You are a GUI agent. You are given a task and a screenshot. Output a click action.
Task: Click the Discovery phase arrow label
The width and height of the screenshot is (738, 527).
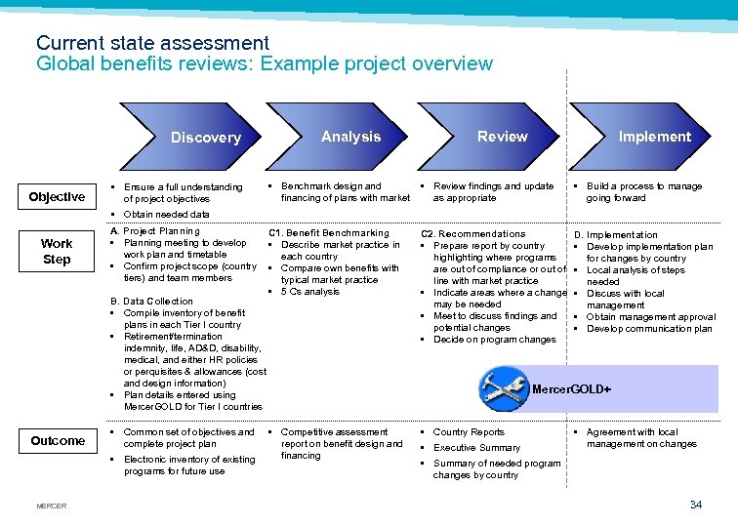pyautogui.click(x=205, y=138)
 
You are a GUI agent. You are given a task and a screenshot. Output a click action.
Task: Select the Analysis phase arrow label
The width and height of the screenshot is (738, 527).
pyautogui.click(x=350, y=137)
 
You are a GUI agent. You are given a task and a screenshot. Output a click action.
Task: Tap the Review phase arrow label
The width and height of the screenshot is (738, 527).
pyautogui.click(x=502, y=137)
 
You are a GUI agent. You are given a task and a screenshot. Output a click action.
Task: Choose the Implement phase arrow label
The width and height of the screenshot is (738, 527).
pyautogui.click(x=654, y=137)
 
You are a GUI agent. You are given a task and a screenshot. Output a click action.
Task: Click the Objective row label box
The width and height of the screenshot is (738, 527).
pyautogui.click(x=57, y=197)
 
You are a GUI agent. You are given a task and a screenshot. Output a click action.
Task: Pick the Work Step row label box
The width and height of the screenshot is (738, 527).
pyautogui.click(x=57, y=251)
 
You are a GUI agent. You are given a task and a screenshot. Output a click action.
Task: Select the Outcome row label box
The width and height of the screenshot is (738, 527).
pyautogui.click(x=58, y=440)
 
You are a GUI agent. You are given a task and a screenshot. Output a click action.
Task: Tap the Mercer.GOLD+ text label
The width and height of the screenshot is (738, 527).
pyautogui.click(x=571, y=389)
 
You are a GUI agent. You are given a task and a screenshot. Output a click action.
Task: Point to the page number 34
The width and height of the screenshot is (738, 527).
pyautogui.click(x=695, y=504)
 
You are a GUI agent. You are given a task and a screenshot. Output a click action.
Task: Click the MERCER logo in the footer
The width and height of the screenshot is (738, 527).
pyautogui.click(x=51, y=506)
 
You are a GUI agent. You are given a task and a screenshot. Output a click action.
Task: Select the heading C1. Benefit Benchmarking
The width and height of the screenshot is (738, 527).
pyautogui.click(x=328, y=233)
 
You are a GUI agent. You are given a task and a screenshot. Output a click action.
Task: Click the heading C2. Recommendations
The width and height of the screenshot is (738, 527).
pyautogui.click(x=472, y=234)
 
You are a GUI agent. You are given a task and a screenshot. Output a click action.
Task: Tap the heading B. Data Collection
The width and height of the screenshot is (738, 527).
pyautogui.click(x=152, y=302)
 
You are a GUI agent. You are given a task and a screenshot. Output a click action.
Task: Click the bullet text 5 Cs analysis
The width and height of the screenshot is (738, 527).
pyautogui.click(x=310, y=292)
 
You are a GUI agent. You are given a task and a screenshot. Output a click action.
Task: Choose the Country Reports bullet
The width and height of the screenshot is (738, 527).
pyautogui.click(x=469, y=432)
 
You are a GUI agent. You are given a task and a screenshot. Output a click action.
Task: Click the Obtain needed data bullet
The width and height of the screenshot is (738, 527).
pyautogui.click(x=166, y=214)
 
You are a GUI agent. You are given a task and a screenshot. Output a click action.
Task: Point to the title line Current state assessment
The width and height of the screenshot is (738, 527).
pyautogui.click(x=152, y=43)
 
